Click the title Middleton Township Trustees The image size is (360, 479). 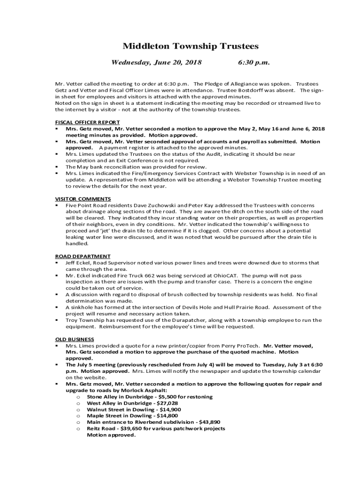pos(190,46)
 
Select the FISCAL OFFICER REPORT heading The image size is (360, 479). pos(87,122)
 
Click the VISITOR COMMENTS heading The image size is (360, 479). pos(83,199)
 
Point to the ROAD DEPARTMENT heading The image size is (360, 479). pos(83,256)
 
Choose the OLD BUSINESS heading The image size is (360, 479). pos(75,339)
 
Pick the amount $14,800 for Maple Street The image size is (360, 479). pos(167,415)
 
